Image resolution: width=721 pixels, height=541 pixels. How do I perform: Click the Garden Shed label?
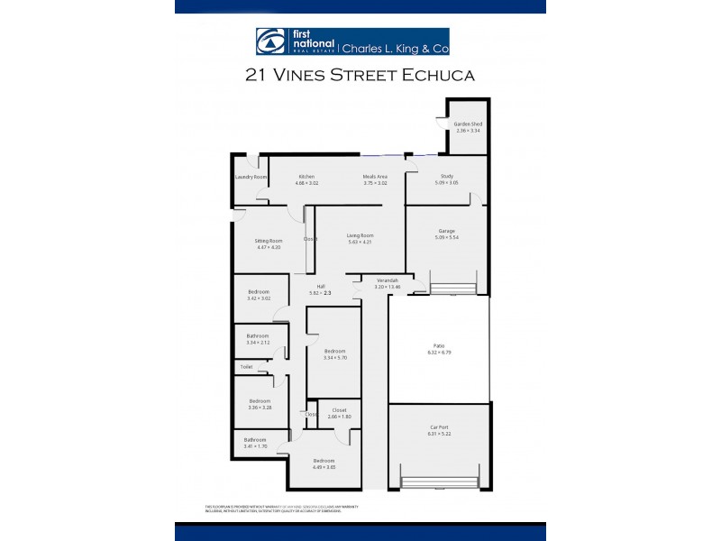(x=468, y=124)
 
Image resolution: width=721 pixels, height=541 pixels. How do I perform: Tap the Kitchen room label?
(x=306, y=176)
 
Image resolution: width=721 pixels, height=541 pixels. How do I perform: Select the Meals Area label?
(x=375, y=176)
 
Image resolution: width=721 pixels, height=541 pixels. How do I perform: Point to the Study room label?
(x=447, y=176)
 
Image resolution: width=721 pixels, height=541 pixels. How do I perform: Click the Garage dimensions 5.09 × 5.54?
(x=447, y=237)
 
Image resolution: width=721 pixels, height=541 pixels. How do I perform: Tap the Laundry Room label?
(x=251, y=177)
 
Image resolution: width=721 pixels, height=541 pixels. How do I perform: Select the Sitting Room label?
(x=269, y=241)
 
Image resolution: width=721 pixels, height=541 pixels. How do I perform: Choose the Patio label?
(x=438, y=345)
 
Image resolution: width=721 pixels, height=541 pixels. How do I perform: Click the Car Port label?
(x=438, y=427)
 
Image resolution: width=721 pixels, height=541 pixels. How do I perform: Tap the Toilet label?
(x=246, y=367)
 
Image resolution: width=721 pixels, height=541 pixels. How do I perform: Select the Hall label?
(x=320, y=286)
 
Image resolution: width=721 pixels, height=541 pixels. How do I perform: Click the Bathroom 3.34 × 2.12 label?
(x=258, y=335)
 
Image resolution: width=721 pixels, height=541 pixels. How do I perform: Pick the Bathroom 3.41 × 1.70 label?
(x=254, y=439)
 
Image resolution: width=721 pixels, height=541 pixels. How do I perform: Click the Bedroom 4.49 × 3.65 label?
(x=324, y=460)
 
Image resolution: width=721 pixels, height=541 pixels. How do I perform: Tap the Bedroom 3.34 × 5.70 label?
(x=335, y=351)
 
